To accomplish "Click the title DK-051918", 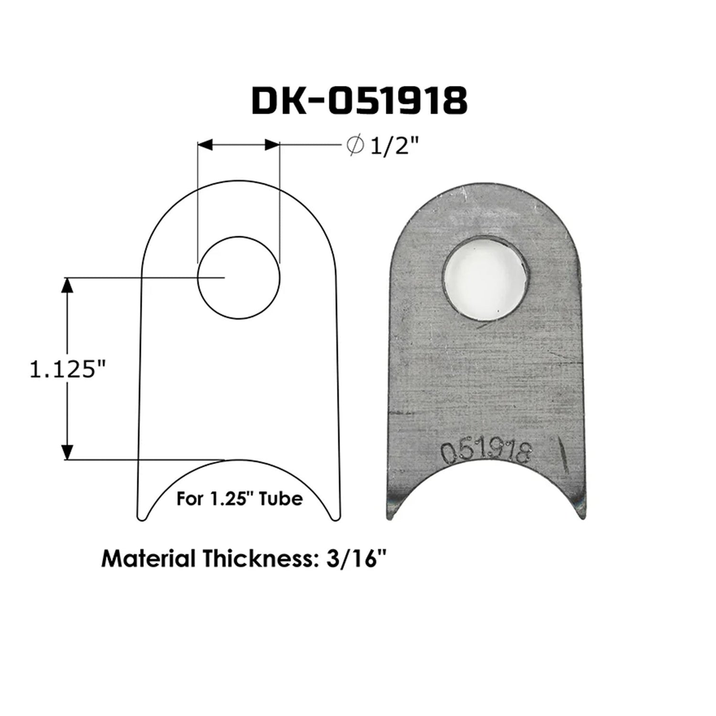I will coord(359,101).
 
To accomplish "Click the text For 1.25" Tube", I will coord(240,499).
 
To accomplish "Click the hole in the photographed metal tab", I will coord(485,278).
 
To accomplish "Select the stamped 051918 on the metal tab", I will coord(485,452).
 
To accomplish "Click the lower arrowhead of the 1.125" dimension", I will coord(67,452).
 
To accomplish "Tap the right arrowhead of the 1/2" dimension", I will coord(272,145).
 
